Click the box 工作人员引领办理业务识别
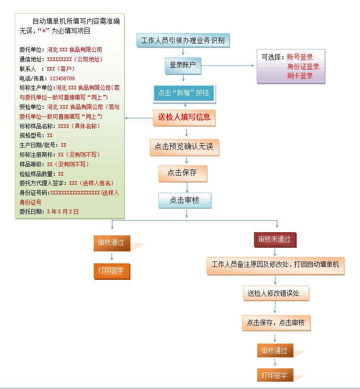tap(183, 40)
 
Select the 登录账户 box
tap(183, 66)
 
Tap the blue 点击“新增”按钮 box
tap(184, 93)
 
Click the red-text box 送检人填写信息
tap(184, 117)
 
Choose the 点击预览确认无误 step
tap(184, 147)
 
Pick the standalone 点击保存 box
tap(183, 173)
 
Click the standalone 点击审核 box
tap(185, 200)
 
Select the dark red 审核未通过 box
tap(275, 239)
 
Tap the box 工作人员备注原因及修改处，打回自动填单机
tap(276, 266)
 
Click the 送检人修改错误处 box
tap(276, 293)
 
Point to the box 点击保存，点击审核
tap(276, 323)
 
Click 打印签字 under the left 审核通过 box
tap(112, 271)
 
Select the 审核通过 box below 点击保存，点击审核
tap(275, 350)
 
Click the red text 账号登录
tap(300, 57)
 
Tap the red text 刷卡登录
tap(300, 76)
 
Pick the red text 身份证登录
tap(303, 67)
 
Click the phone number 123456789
tap(62, 78)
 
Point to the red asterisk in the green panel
tap(44, 31)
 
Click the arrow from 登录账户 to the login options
tap(227, 66)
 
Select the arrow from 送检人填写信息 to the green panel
tap(139, 118)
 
